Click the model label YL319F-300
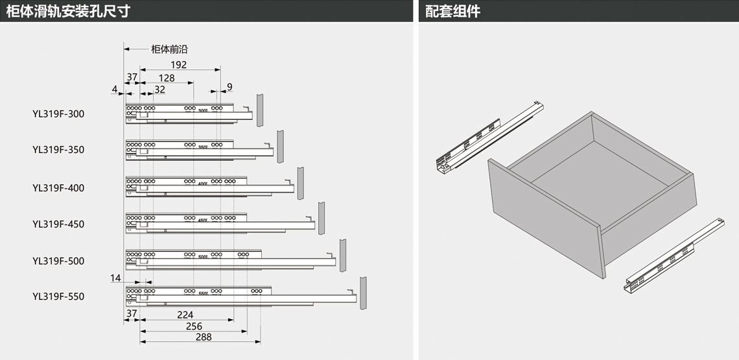tap(58, 114)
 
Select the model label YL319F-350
tap(58, 150)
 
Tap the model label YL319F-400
tap(58, 188)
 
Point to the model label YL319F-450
tap(58, 224)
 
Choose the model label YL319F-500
tap(58, 261)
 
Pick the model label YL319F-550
tap(58, 296)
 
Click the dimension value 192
tap(179, 65)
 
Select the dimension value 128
tap(167, 78)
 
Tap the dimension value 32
tap(159, 90)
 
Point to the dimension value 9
tap(229, 87)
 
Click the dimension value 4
tap(114, 89)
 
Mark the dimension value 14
tap(115, 278)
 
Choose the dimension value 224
tap(185, 315)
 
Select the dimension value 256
tap(193, 326)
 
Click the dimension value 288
tap(202, 337)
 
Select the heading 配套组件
tap(453, 11)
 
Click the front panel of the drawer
tap(545, 221)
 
